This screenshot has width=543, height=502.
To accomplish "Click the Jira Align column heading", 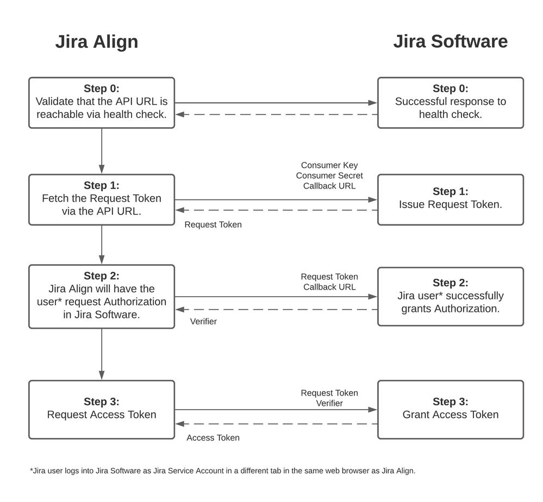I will pos(97,42).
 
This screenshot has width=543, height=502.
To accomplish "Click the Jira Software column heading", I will pos(450,41).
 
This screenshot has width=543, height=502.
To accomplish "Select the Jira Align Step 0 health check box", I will pos(102,102).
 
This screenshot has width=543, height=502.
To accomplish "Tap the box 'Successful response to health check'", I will pos(450,102).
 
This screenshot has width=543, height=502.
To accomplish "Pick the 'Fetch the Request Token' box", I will pos(102,199).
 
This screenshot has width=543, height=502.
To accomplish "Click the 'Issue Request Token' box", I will pos(450,199).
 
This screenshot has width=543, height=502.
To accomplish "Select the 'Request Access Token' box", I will pos(102,409).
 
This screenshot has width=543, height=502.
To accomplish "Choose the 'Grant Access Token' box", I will pos(450,409).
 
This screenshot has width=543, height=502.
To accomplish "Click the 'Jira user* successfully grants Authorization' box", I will pos(450,296).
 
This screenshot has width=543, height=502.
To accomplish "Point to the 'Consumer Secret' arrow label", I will pos(329,175).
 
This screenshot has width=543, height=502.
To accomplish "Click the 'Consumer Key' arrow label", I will pos(329,165).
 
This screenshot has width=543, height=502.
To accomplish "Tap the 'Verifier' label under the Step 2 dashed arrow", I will pos(203,322).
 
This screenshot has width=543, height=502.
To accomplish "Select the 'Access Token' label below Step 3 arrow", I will pos(213,438).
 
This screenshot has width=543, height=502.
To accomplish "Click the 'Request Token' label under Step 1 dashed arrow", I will pos(213,225).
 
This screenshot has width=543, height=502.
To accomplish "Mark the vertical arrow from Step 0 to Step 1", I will pos(102,150).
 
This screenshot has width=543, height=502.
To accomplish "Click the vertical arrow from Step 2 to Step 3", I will pos(102,354).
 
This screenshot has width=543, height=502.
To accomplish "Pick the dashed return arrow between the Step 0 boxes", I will pos(276,115).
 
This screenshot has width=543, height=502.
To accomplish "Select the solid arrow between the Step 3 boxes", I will pos(276,410).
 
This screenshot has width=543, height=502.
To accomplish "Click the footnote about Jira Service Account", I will pos(222,471).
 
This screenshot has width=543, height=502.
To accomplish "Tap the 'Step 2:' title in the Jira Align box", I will pos(102,276).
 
